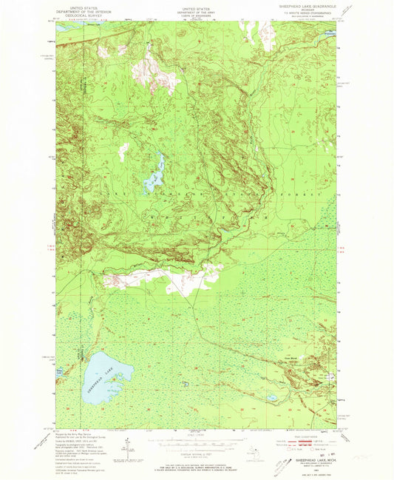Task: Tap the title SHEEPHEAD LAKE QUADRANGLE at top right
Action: (303, 7)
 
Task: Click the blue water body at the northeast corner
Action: (326, 33)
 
